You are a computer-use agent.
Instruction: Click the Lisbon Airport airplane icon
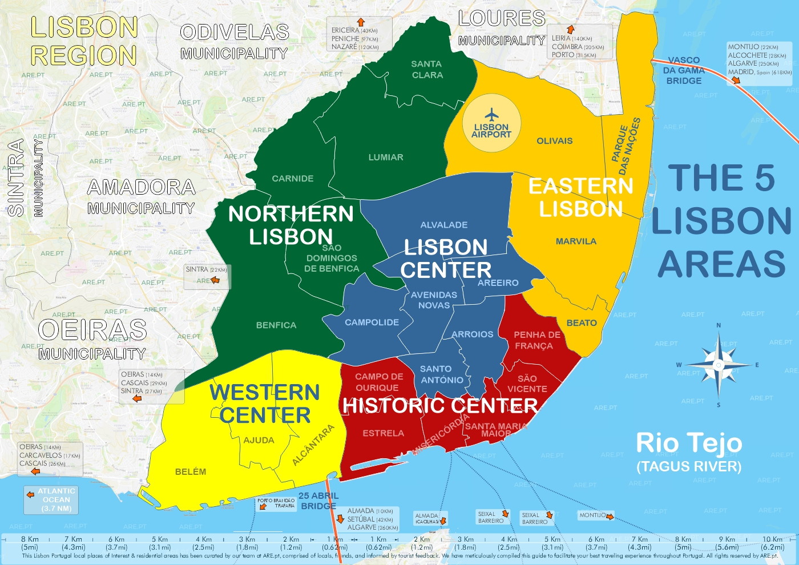[x=491, y=115]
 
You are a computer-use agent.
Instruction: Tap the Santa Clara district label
[x=427, y=70]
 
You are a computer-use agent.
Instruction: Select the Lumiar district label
[x=386, y=157]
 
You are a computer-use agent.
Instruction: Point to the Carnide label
[x=292, y=179]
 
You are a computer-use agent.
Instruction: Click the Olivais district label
[x=554, y=140]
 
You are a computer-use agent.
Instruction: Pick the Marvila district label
[x=576, y=241]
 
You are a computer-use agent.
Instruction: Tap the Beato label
[x=582, y=323]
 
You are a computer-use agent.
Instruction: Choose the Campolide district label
[x=372, y=322]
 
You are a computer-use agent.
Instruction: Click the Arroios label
[x=472, y=334]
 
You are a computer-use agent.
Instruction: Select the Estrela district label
[x=383, y=433]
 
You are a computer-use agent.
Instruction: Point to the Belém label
[x=191, y=471]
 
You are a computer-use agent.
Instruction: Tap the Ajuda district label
[x=259, y=440]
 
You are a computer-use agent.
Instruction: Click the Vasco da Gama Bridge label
[x=683, y=70]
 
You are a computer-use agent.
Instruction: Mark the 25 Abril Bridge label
[x=318, y=501]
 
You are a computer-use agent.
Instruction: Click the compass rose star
[x=718, y=364]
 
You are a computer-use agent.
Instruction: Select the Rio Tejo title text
[x=689, y=443]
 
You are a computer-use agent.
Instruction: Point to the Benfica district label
[x=276, y=325]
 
